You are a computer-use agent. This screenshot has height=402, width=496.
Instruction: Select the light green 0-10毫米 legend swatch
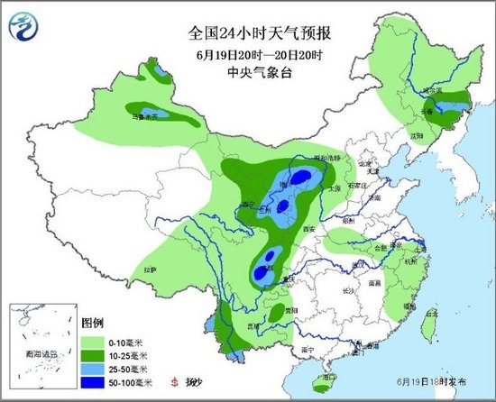coord(94,342)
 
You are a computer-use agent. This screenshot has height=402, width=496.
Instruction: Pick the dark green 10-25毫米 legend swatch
coord(94,355)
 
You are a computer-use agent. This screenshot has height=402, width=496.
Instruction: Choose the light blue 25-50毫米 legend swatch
coord(94,369)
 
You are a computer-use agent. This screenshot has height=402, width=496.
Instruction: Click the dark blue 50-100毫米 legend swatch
coord(94,382)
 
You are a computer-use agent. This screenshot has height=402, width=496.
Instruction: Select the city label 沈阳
coord(414,137)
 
